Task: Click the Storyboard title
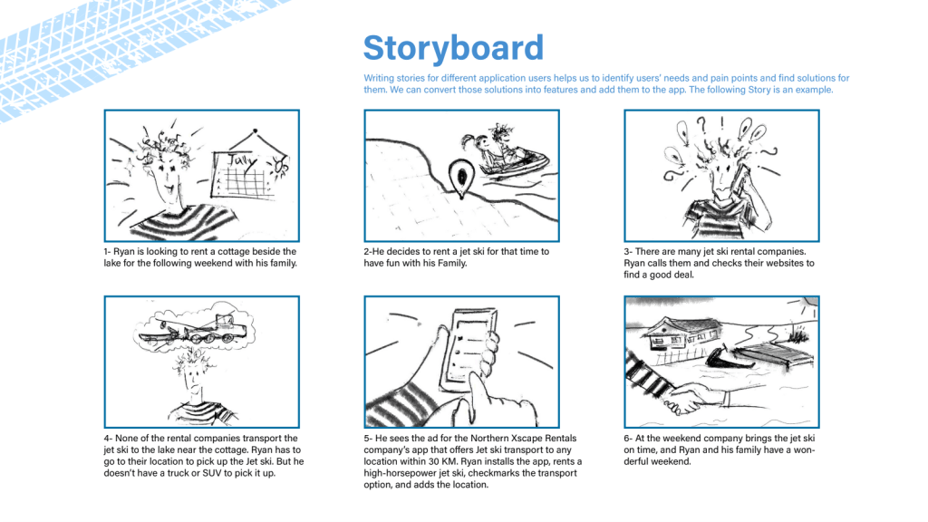(453, 48)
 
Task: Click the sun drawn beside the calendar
(279, 165)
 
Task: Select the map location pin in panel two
(461, 179)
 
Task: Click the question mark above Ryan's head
(702, 125)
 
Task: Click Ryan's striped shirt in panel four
(201, 414)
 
